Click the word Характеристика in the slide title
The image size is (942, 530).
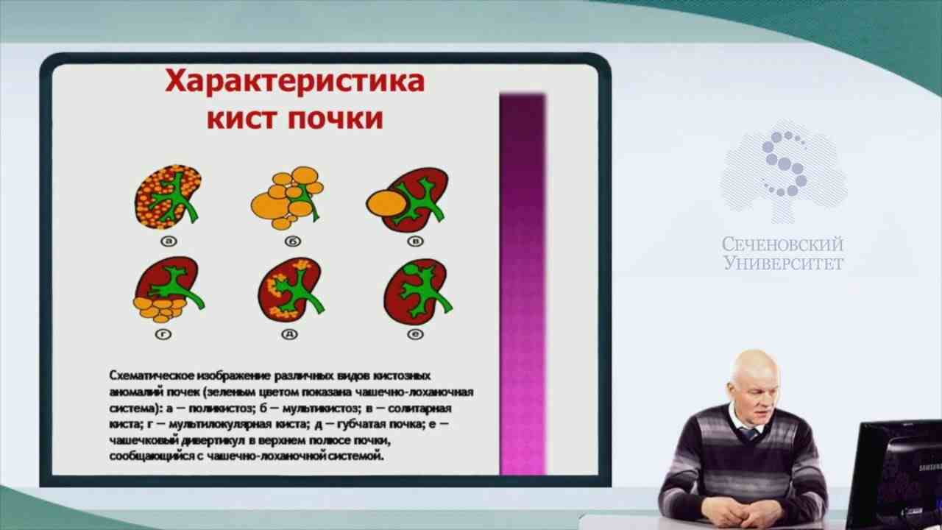[294, 81]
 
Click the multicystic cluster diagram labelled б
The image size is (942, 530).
[288, 197]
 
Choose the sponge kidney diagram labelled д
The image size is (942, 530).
[291, 290]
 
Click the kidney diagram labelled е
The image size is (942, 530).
[416, 290]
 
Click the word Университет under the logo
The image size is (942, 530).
[783, 263]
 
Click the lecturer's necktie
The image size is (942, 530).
[750, 433]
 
